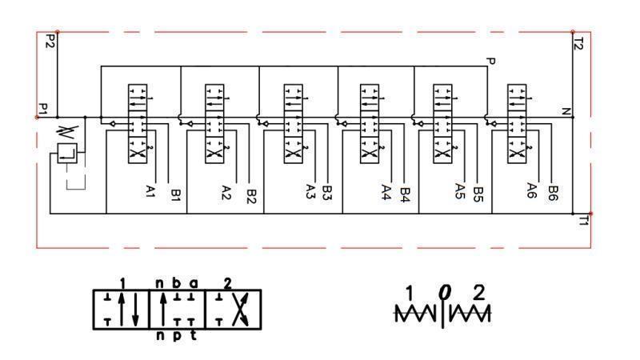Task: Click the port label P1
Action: (x=43, y=107)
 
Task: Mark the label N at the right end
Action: (x=566, y=112)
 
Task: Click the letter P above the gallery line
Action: (x=490, y=62)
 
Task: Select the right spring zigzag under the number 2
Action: (x=470, y=315)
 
